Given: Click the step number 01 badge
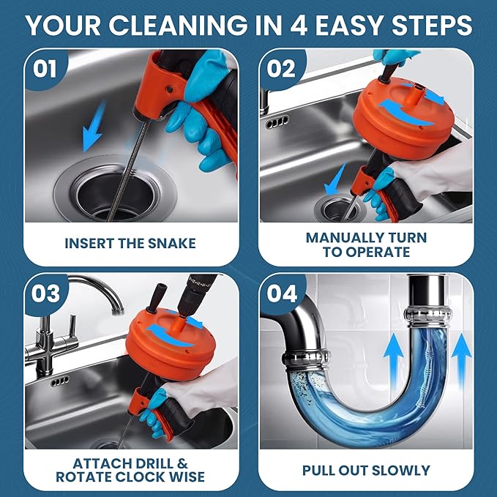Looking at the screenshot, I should point(45,69).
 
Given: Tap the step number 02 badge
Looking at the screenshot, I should point(282,69).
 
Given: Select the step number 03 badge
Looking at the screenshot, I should point(46,294).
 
